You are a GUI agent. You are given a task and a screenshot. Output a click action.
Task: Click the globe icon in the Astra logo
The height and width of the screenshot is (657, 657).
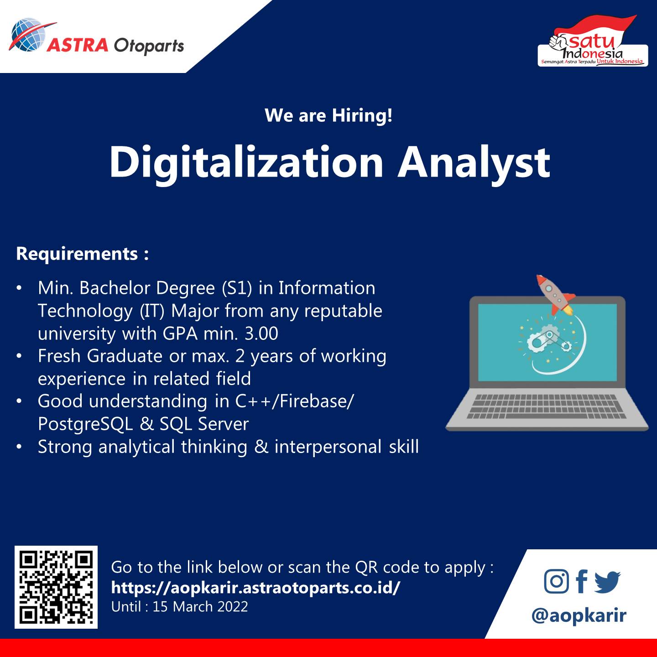28,35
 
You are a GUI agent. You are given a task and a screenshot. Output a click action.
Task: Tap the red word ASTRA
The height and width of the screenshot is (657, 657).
78,45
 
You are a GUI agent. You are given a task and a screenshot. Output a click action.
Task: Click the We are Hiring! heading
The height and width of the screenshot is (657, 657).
328,115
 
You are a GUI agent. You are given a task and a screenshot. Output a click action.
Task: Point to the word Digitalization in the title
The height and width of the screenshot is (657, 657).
246,162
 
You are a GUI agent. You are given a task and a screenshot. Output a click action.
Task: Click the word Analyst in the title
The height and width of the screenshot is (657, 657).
474,163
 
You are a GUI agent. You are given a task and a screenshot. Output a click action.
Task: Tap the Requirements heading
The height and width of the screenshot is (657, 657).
83,254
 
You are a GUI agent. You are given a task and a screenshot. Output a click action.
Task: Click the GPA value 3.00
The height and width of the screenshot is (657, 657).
261,334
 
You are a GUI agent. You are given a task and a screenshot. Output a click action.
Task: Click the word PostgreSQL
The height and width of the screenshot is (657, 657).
85,424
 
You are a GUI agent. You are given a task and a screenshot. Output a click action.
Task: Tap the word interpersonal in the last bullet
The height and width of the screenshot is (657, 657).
328,447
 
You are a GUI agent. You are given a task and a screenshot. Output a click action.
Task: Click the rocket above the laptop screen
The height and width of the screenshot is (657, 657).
554,294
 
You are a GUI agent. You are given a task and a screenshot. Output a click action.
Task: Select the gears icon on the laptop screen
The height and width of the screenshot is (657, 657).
547,341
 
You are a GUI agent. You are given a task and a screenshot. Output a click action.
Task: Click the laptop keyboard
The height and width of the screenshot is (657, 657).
546,407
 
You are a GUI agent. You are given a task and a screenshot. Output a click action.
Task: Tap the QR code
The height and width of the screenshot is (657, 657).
56,587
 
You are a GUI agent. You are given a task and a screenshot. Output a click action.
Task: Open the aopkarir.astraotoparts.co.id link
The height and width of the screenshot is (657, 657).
255,588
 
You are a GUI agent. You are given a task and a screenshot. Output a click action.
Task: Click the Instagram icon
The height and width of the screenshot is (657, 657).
557,581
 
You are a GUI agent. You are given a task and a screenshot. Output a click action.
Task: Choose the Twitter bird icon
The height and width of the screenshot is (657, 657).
607,582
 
